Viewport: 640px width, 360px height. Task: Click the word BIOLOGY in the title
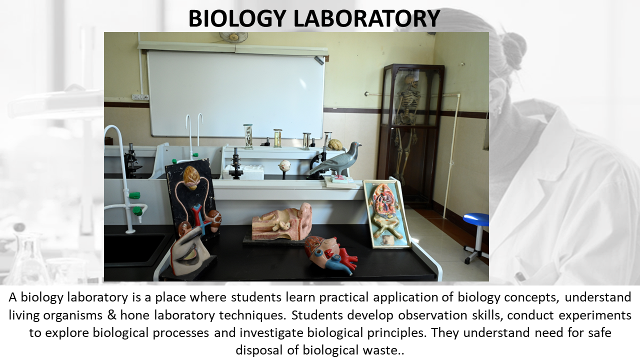(x=237, y=18)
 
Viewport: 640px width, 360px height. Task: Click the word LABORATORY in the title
(x=366, y=18)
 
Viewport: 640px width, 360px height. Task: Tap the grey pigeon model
(x=337, y=160)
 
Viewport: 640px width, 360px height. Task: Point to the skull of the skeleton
(x=411, y=80)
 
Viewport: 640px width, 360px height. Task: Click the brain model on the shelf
(x=335, y=144)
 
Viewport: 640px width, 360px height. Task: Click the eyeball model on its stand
(x=284, y=165)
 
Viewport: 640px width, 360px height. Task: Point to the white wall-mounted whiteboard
(x=235, y=94)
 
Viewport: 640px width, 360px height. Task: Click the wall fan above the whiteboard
(x=233, y=37)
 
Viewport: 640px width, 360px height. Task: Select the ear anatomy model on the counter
(x=281, y=222)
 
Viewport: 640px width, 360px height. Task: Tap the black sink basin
(x=134, y=248)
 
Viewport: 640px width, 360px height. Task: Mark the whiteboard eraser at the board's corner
(x=319, y=60)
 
